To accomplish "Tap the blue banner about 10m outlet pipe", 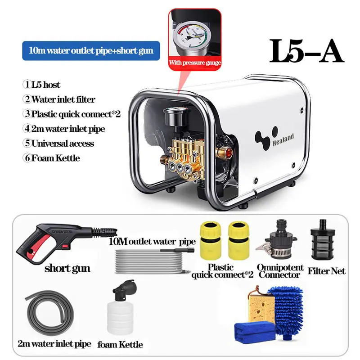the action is (91, 50).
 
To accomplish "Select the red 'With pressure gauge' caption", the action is (194, 62).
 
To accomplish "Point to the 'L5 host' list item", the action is (41, 85).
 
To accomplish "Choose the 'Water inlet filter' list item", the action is (59, 99).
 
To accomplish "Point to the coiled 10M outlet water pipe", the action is (153, 261).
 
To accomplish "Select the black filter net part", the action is (322, 242).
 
